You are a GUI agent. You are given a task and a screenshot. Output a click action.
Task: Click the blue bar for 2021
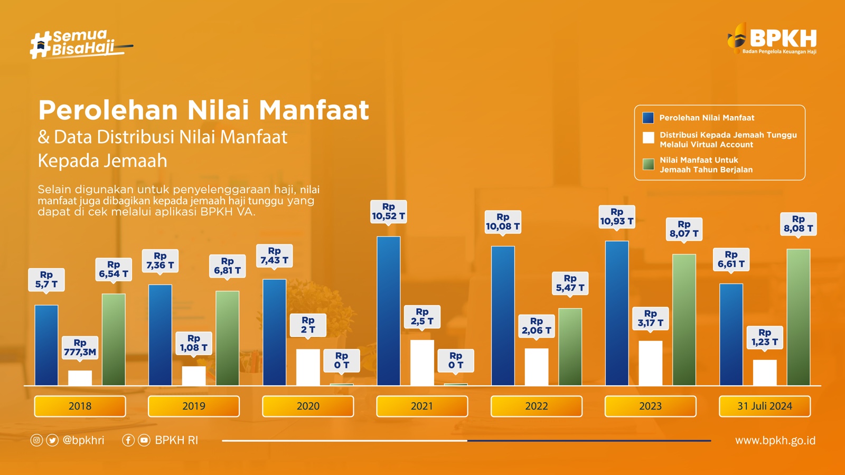[389, 311]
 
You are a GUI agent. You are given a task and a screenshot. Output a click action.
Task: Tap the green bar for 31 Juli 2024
[798, 317]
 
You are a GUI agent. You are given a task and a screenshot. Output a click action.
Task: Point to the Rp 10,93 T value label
[617, 217]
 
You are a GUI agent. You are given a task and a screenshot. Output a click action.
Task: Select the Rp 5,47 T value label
[570, 283]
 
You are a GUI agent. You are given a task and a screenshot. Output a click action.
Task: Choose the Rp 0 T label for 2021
[455, 360]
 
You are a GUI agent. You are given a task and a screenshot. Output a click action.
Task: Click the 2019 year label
[194, 406]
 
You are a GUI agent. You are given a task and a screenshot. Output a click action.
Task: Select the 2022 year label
[536, 406]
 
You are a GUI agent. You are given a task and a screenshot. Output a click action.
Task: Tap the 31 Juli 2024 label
[764, 406]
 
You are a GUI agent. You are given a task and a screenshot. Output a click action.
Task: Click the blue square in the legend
[648, 118]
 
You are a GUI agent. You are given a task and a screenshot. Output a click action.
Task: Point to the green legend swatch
[648, 165]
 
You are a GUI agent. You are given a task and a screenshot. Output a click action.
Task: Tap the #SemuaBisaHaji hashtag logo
[79, 44]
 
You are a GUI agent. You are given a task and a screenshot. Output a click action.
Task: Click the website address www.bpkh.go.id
[775, 441]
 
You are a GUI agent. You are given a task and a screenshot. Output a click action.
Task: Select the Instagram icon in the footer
[36, 440]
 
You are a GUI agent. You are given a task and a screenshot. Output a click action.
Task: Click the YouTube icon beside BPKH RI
[144, 440]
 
